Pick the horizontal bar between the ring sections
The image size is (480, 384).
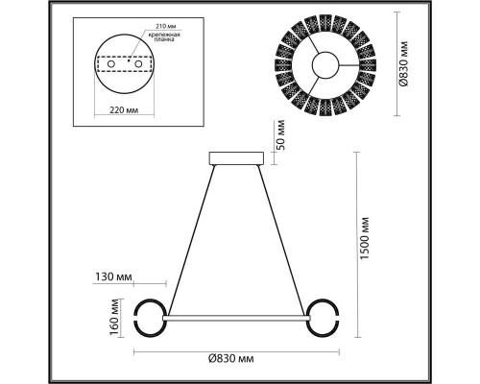[233, 315]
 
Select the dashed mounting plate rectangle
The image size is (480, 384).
[126, 65]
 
